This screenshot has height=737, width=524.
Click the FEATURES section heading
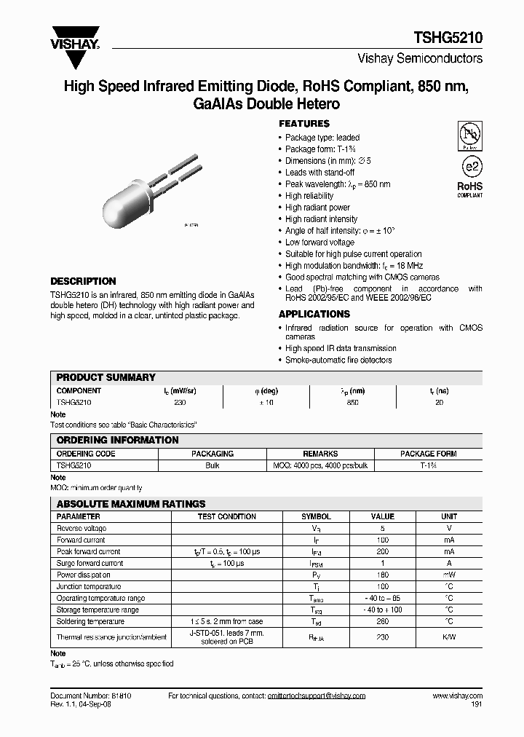coord(304,124)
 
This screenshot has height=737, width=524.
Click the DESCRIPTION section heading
coord(83,281)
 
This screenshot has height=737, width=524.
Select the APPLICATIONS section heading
coord(314,314)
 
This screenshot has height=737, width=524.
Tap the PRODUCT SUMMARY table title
coord(106,377)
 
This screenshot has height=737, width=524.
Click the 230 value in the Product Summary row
coord(180,402)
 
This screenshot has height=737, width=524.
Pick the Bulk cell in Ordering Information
coord(213,465)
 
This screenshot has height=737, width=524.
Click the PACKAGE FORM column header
coord(429,454)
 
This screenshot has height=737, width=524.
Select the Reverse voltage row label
coord(82,528)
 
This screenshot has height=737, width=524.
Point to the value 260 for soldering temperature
coord(383,621)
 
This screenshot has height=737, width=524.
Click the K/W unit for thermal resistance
coord(449,637)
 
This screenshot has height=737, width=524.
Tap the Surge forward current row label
coord(90,563)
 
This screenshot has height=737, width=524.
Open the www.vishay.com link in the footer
coord(456,696)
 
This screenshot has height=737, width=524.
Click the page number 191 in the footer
coord(476,705)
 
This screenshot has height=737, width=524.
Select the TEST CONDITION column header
coord(227,516)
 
